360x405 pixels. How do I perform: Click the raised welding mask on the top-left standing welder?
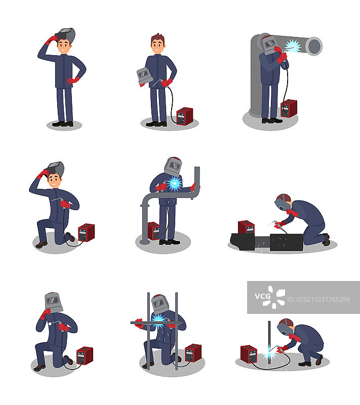pyautogui.click(x=66, y=35)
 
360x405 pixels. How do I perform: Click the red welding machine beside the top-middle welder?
pyautogui.click(x=185, y=116)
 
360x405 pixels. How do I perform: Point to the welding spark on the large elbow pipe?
pyautogui.click(x=293, y=46)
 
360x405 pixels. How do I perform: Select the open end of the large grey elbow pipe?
pyautogui.click(x=314, y=46)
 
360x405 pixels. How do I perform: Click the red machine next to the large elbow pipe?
pyautogui.click(x=289, y=108)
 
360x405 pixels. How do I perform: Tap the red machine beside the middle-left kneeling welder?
pyautogui.click(x=86, y=232)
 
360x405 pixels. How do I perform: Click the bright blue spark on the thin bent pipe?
pyautogui.click(x=174, y=184)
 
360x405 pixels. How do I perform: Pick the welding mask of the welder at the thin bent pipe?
pyautogui.click(x=173, y=167)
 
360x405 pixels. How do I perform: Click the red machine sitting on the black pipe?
pyautogui.click(x=246, y=227)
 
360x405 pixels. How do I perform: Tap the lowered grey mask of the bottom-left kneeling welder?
pyautogui.click(x=54, y=302)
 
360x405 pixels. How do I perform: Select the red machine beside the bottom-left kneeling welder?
pyautogui.click(x=85, y=356)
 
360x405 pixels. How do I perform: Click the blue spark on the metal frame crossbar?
pyautogui.click(x=159, y=321)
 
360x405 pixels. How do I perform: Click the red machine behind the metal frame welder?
pyautogui.click(x=193, y=353)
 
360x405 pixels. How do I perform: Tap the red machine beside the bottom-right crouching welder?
pyautogui.click(x=249, y=354)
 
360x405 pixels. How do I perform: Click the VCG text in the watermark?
pyautogui.click(x=263, y=296)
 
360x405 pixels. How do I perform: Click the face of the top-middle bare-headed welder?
pyautogui.click(x=157, y=47)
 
